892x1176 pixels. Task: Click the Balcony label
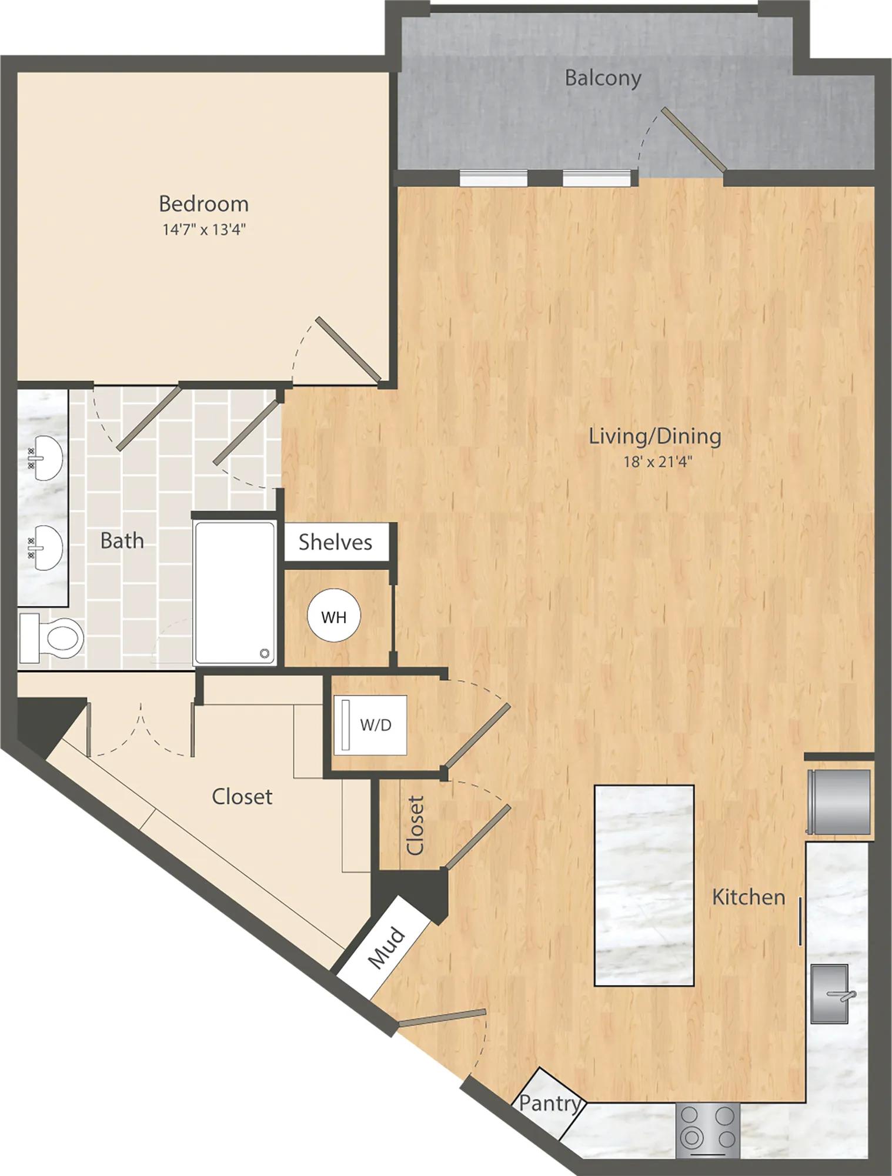pyautogui.click(x=603, y=78)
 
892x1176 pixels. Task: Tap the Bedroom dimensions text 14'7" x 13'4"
pyautogui.click(x=203, y=229)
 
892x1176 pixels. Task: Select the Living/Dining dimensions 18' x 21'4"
pyautogui.click(x=658, y=462)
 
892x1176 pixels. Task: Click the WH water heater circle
pyautogui.click(x=333, y=617)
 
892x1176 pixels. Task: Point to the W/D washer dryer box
pyautogui.click(x=370, y=724)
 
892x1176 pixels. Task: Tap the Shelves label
pyautogui.click(x=335, y=542)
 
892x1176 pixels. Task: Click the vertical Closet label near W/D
pyautogui.click(x=415, y=825)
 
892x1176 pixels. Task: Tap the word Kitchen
pyautogui.click(x=749, y=897)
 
